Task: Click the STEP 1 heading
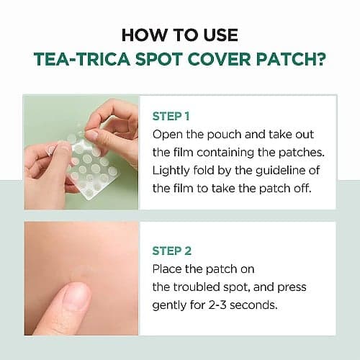point(171,117)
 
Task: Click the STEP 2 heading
point(172,251)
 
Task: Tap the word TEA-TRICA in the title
point(82,59)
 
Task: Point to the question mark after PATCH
point(320,59)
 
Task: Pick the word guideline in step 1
point(279,171)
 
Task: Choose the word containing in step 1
point(225,153)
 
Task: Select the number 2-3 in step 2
point(217,305)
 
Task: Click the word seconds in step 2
point(253,305)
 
